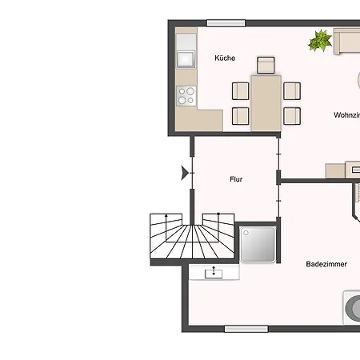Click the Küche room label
(x=224, y=58)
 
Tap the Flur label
(x=236, y=179)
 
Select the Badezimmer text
(x=326, y=264)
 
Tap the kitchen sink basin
(x=186, y=58)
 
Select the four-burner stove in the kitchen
(x=186, y=96)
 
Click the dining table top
(x=266, y=102)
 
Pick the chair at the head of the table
(x=266, y=64)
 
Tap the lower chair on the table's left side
(x=241, y=115)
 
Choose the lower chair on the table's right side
(x=292, y=115)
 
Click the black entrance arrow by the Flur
(x=186, y=172)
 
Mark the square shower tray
(x=258, y=244)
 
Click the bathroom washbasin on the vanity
(x=214, y=273)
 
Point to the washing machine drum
(x=352, y=307)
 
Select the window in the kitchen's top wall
(x=226, y=23)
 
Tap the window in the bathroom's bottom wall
(x=245, y=328)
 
